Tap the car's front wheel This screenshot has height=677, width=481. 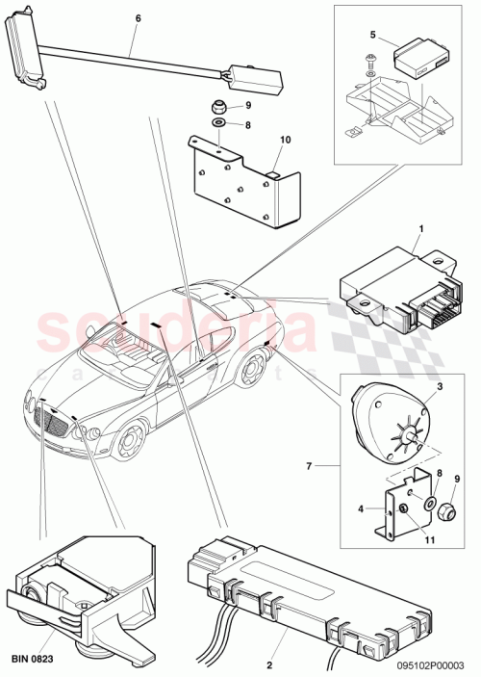coord(127,442)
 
